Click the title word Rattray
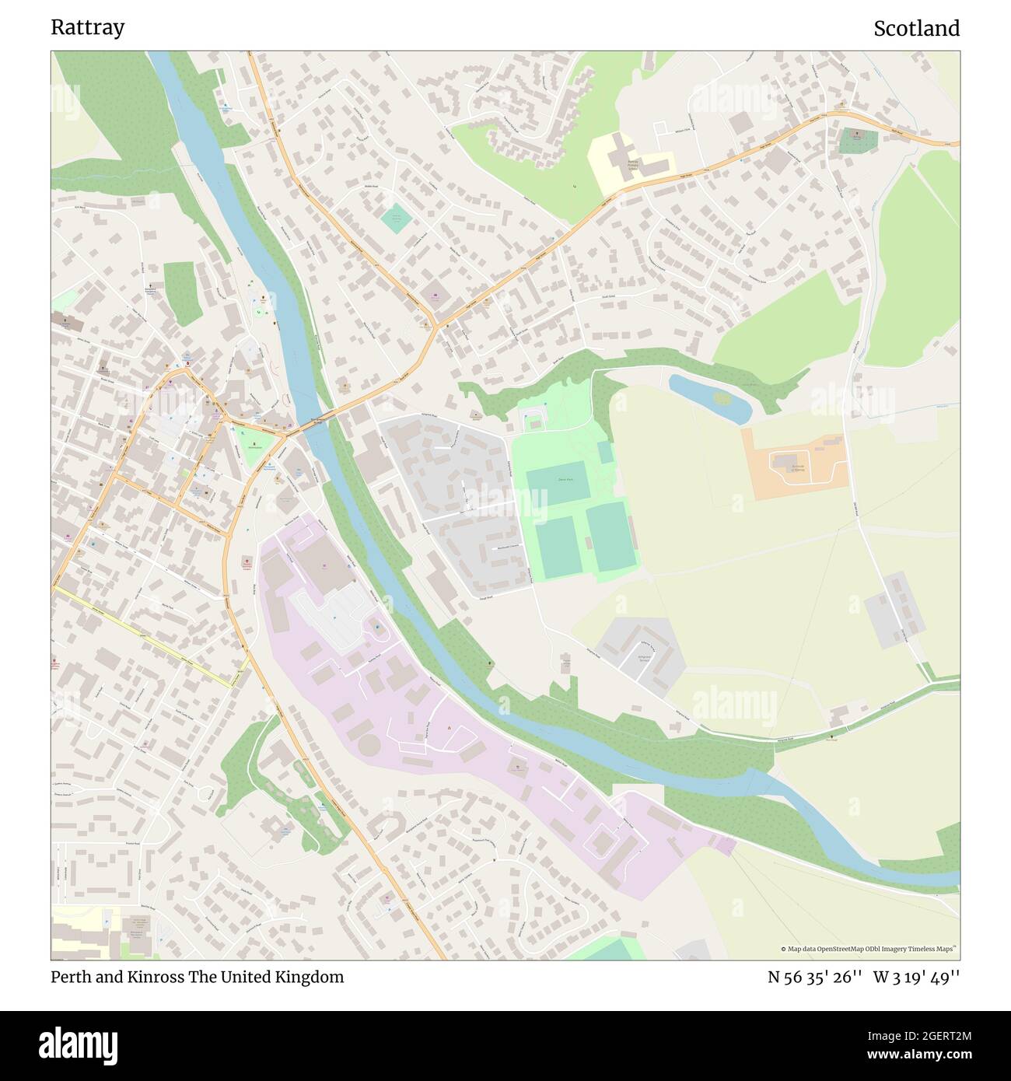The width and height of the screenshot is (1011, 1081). click(87, 27)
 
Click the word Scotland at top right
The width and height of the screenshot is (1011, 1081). click(916, 28)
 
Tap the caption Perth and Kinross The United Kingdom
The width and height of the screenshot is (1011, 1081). click(197, 977)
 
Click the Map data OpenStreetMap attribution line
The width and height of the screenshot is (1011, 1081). click(869, 949)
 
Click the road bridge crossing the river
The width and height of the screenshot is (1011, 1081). click(313, 421)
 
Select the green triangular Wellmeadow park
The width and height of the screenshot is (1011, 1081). click(254, 448)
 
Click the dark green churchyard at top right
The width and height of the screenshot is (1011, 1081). click(858, 141)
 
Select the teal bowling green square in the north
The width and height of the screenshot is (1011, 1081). click(396, 217)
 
